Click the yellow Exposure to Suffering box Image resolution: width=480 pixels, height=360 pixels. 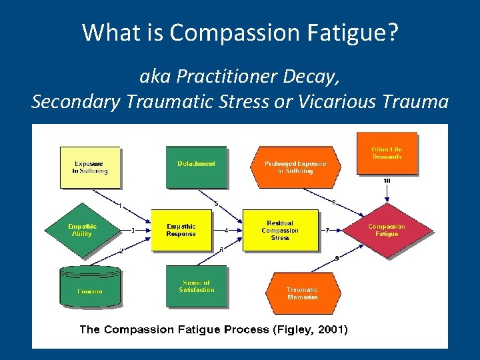click(x=90, y=167)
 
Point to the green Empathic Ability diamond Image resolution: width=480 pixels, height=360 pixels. click(x=82, y=230)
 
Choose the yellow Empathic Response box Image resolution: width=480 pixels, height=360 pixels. click(x=181, y=230)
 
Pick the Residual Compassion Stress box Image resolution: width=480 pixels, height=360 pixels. click(x=280, y=230)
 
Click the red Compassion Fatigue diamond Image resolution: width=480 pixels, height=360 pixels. click(x=387, y=230)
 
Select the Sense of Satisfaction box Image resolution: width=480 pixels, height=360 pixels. click(x=196, y=287)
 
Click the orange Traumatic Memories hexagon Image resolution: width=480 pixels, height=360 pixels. click(x=303, y=293)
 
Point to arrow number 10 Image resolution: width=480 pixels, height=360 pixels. click(x=387, y=181)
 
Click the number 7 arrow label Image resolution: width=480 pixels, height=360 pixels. click(x=327, y=231)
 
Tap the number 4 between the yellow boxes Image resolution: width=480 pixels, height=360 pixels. click(x=227, y=231)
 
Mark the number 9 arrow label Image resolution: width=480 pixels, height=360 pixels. click(x=337, y=258)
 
